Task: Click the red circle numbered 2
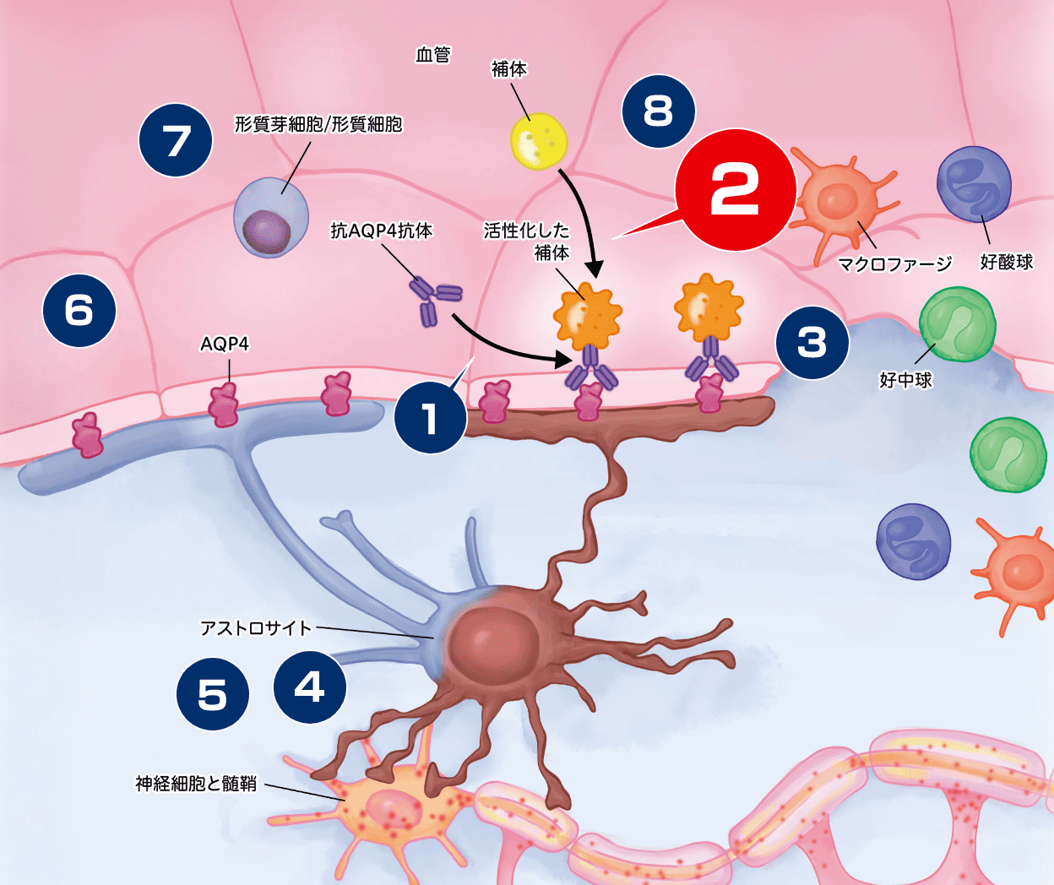click(736, 190)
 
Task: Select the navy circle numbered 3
click(812, 342)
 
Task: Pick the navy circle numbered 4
click(310, 687)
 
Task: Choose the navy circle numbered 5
click(213, 695)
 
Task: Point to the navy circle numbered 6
click(79, 310)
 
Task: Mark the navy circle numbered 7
click(176, 140)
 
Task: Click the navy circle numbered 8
click(658, 111)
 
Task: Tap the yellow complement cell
click(538, 141)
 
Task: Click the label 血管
click(433, 55)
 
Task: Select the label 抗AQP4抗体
click(382, 231)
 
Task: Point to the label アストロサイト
click(256, 628)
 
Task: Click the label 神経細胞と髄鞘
click(196, 784)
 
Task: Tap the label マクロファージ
click(894, 264)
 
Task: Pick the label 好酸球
click(1007, 263)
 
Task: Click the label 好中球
click(905, 380)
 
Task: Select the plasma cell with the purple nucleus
click(271, 217)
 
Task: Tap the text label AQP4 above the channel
click(225, 345)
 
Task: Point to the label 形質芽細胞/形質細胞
click(318, 125)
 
